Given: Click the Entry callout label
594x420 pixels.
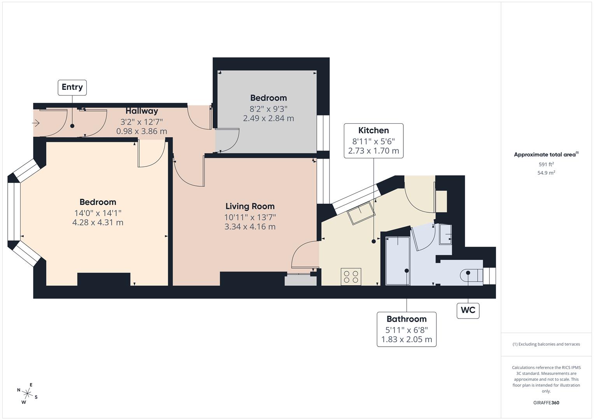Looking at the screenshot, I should pos(72,87).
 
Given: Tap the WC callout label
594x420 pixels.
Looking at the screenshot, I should pos(468,310).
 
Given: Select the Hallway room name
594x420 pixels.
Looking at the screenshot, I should pos(142,111).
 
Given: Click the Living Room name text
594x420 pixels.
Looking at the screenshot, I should pos(250,206).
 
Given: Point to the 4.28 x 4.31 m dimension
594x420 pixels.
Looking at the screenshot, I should pos(98,222).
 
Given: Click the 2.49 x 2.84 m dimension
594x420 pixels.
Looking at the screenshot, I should pos(268,118).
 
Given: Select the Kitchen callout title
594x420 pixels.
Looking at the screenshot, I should pos(373,130).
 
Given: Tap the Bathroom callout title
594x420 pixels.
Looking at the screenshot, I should pos(407,319).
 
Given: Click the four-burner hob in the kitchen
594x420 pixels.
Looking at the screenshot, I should pos(350,276).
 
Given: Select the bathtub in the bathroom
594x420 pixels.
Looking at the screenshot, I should pos(398,261).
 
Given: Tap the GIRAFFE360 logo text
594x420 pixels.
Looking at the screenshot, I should pos(546,402).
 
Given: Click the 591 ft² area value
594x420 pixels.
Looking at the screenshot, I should pos(546,164).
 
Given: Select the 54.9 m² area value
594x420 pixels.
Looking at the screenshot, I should pos(546,173).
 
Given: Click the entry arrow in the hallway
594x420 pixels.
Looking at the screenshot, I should pos(36,123).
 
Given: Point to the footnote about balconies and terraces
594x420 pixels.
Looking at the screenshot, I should pos(546,344).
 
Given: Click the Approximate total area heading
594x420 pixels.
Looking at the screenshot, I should pos(546,154).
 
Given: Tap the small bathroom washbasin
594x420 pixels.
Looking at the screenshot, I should pos(446,234).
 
